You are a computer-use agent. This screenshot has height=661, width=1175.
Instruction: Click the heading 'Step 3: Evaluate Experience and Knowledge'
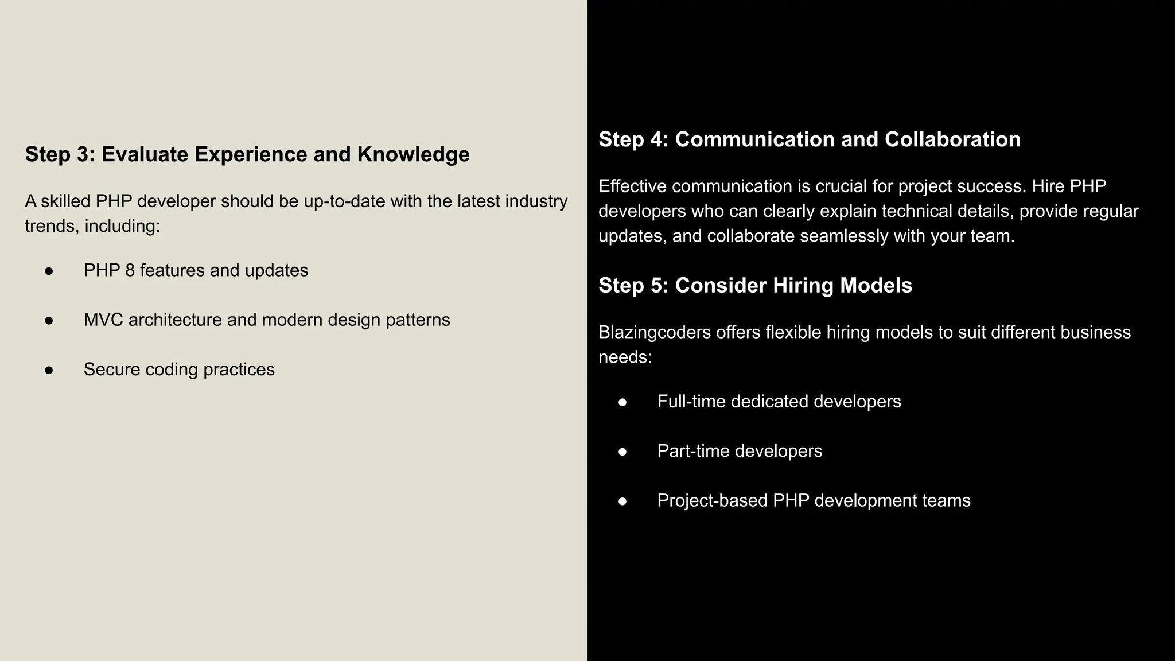point(247,154)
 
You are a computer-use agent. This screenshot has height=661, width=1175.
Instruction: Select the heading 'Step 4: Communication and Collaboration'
point(810,139)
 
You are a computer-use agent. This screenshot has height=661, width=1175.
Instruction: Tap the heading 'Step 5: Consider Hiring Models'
point(755,286)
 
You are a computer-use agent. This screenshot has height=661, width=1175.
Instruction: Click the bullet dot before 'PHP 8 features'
point(49,271)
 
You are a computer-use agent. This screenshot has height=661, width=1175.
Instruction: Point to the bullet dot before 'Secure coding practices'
point(49,370)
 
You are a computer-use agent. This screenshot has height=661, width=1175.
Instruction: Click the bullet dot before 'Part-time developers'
point(622,452)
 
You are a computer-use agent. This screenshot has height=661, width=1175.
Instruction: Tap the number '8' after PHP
point(130,270)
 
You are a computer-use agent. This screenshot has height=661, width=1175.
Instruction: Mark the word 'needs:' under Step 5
point(625,357)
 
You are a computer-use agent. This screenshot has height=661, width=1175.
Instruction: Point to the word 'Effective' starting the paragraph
point(632,186)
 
